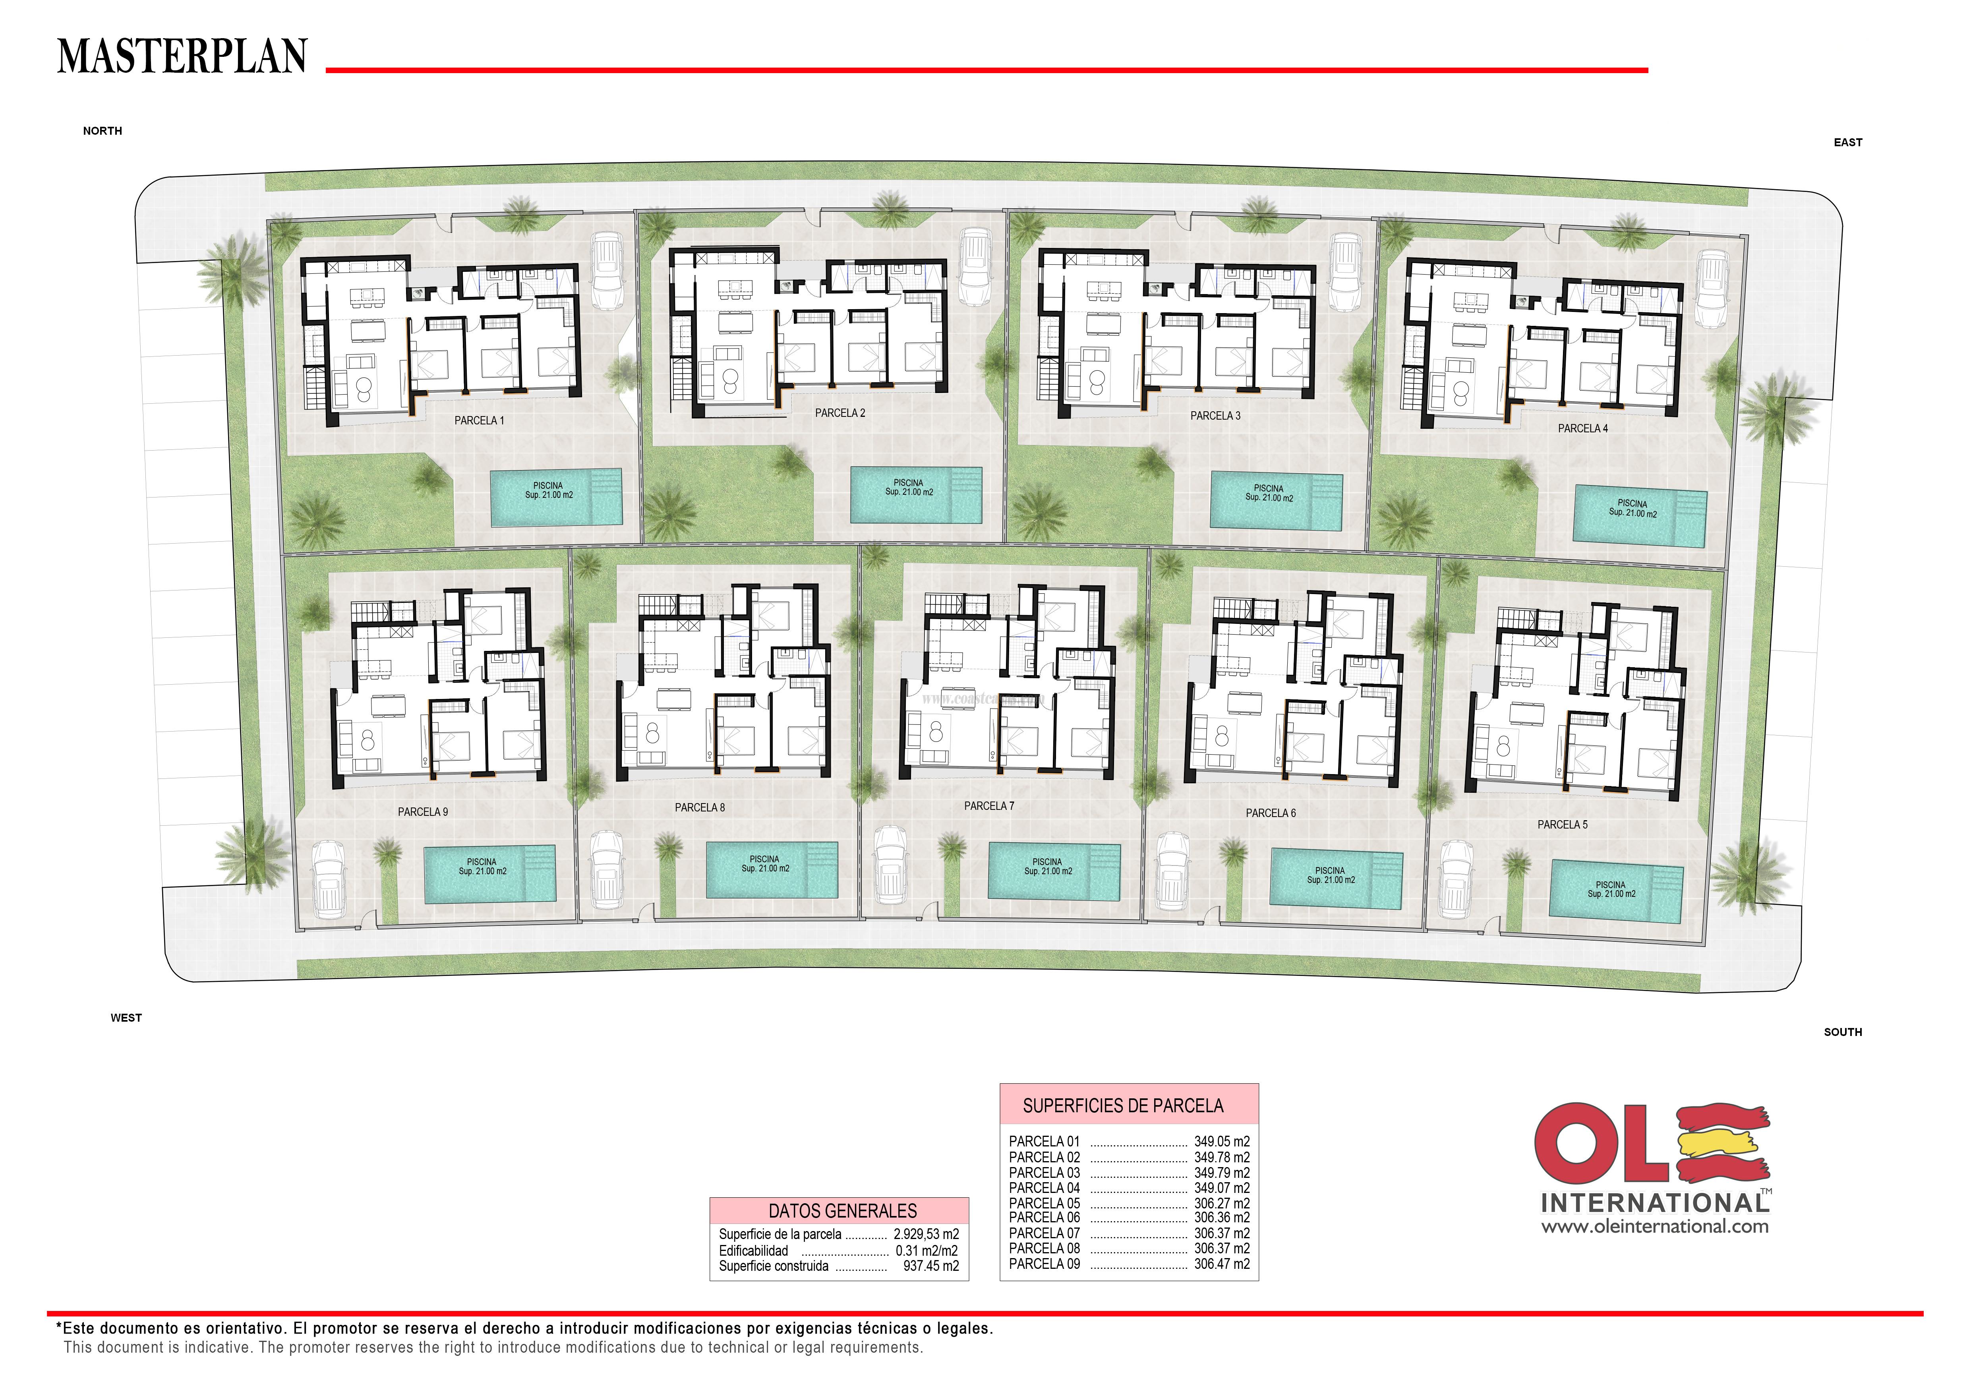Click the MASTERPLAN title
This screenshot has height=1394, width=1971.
[182, 57]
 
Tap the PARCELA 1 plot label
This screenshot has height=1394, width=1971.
[479, 420]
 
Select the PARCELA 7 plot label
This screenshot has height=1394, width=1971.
[989, 806]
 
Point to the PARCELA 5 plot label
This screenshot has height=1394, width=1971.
[1562, 825]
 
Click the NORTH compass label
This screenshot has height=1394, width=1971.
[102, 131]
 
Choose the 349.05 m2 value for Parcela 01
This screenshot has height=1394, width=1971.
[1222, 1142]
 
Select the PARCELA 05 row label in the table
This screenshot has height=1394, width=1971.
[1044, 1203]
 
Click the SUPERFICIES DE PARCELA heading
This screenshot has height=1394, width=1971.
[1123, 1106]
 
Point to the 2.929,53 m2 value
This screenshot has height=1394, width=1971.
[925, 1234]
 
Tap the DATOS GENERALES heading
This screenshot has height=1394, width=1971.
[842, 1211]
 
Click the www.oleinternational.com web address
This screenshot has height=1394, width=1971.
[1654, 1227]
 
